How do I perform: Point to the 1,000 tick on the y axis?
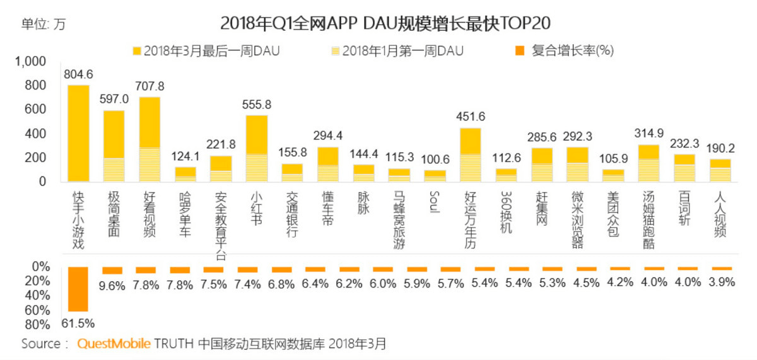tap(33, 61)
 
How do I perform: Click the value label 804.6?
tap(78, 74)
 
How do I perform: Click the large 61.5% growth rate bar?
tap(78, 289)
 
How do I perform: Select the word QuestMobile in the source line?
tap(114, 344)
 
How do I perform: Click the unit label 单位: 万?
tap(44, 25)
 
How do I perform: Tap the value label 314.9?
tap(650, 134)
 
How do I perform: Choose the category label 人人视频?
tap(719, 215)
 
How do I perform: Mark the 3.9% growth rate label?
tap(720, 282)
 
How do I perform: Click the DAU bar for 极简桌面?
tap(114, 146)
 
